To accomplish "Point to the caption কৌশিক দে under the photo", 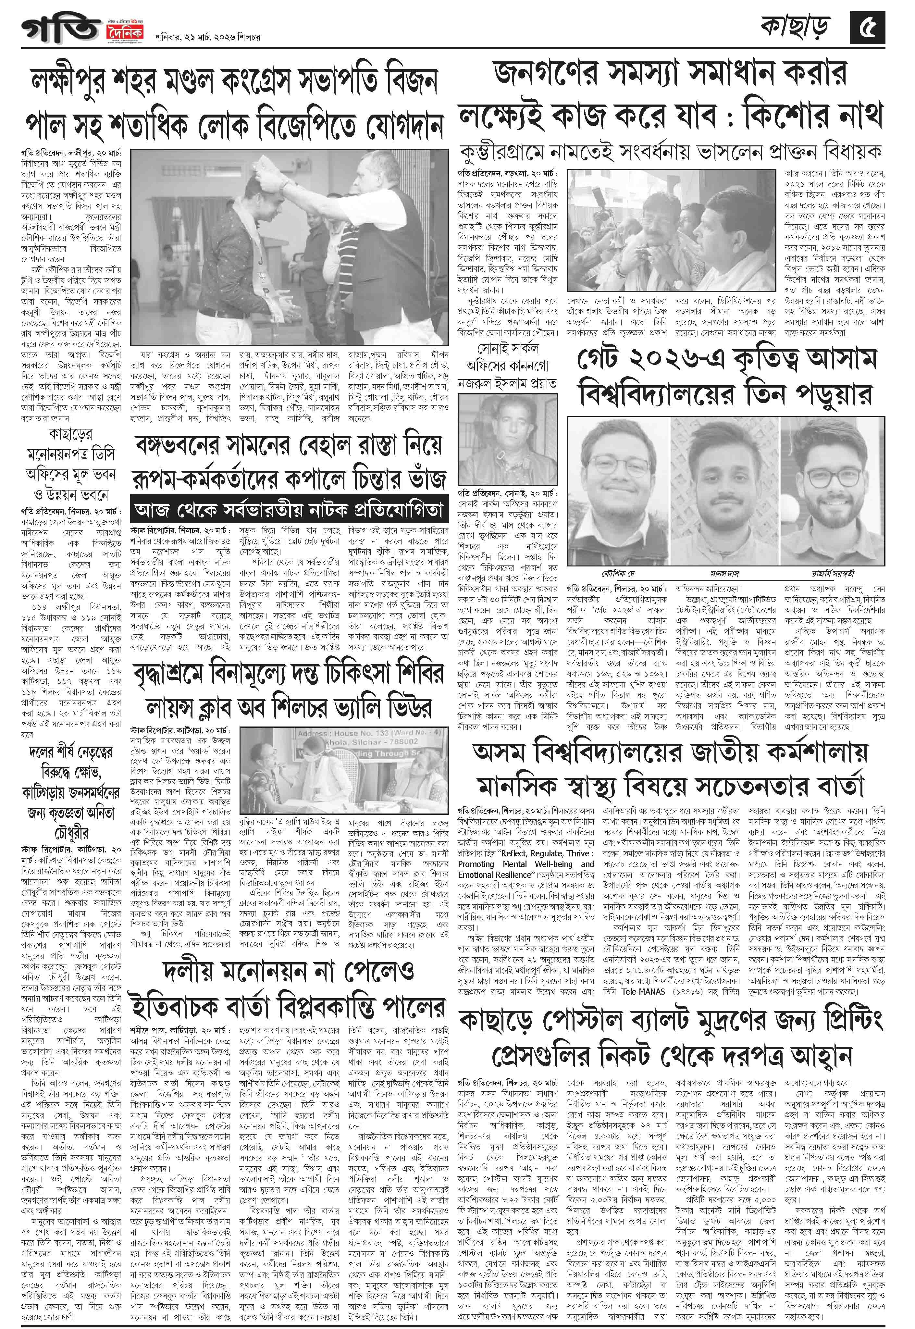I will tap(617, 573).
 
